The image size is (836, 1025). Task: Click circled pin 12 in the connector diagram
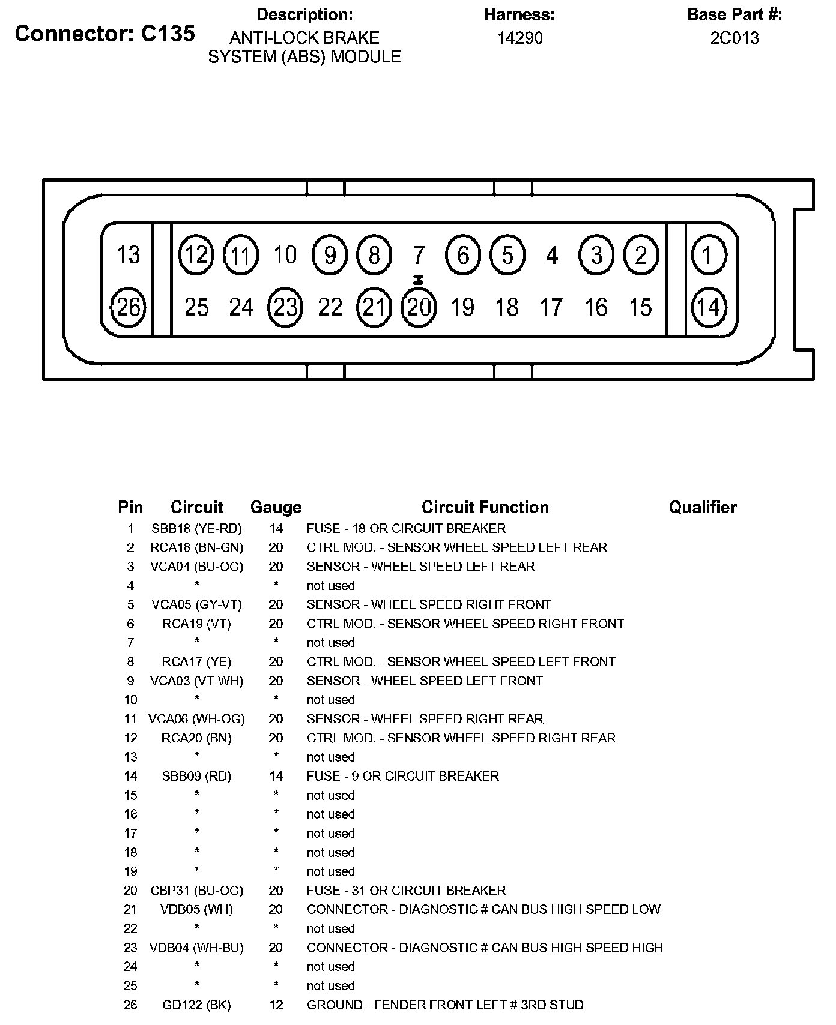[196, 254]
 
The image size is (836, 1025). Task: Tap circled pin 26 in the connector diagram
[129, 307]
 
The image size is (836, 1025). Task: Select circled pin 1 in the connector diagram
[709, 254]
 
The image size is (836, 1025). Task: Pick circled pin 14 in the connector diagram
[709, 307]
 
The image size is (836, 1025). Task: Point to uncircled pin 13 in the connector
[128, 254]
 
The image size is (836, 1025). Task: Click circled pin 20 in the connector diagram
[419, 307]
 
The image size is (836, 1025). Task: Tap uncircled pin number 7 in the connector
[419, 255]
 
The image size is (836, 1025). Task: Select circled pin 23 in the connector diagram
[285, 307]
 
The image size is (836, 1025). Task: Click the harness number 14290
[520, 38]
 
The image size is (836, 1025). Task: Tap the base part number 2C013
[735, 38]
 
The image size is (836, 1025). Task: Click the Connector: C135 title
[105, 34]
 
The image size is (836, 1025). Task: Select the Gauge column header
[276, 507]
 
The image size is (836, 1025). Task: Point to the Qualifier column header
[703, 507]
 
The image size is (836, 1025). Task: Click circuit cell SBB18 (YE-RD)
[196, 528]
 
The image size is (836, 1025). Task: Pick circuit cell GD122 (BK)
[196, 1005]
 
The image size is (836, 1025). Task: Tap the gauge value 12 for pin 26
[276, 1005]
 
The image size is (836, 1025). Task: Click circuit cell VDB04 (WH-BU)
[196, 948]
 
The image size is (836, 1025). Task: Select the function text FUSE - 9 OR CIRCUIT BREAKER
[402, 776]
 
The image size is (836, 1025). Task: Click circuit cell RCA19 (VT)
[196, 624]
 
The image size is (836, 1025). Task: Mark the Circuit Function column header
[485, 507]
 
